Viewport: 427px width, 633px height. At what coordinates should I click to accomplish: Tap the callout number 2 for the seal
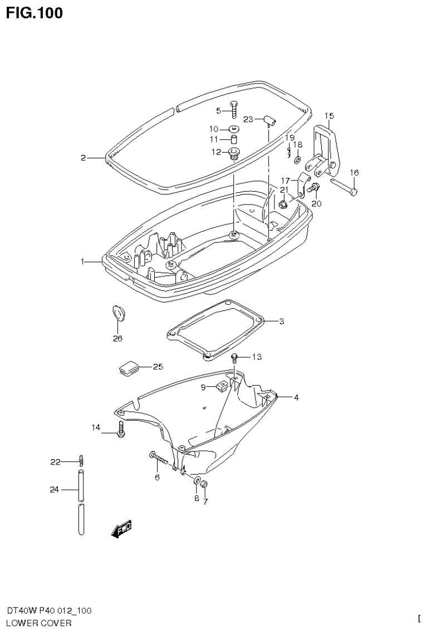pyautogui.click(x=83, y=158)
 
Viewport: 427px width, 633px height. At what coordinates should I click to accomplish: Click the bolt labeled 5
pyautogui.click(x=233, y=110)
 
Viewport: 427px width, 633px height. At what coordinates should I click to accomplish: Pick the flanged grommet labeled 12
pyautogui.click(x=233, y=153)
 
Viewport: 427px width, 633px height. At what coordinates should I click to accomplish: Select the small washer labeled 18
pyautogui.click(x=298, y=160)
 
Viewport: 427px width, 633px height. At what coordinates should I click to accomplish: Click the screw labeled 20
pyautogui.click(x=313, y=189)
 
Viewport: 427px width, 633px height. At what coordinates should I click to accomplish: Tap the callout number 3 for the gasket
pyautogui.click(x=282, y=322)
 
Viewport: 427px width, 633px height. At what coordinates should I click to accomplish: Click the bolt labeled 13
pyautogui.click(x=234, y=358)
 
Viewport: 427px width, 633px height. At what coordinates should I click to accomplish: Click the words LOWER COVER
pyautogui.click(x=38, y=623)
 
